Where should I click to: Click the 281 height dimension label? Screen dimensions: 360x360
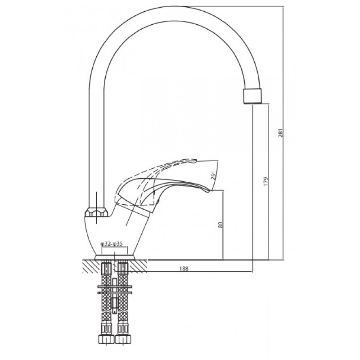(280, 133)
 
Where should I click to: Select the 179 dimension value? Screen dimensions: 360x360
(266, 181)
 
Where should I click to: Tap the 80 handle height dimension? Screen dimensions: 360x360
(220, 225)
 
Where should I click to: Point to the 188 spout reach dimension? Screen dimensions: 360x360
(184, 269)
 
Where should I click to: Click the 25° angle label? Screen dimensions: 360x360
(213, 175)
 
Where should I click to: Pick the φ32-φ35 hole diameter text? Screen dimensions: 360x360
(112, 244)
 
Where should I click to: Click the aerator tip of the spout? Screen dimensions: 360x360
(252, 96)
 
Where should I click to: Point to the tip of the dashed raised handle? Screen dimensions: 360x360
(195, 161)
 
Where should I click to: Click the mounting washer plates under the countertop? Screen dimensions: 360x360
(115, 290)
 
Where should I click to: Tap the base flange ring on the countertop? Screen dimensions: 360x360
(115, 257)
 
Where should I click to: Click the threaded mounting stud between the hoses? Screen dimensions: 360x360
(115, 296)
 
